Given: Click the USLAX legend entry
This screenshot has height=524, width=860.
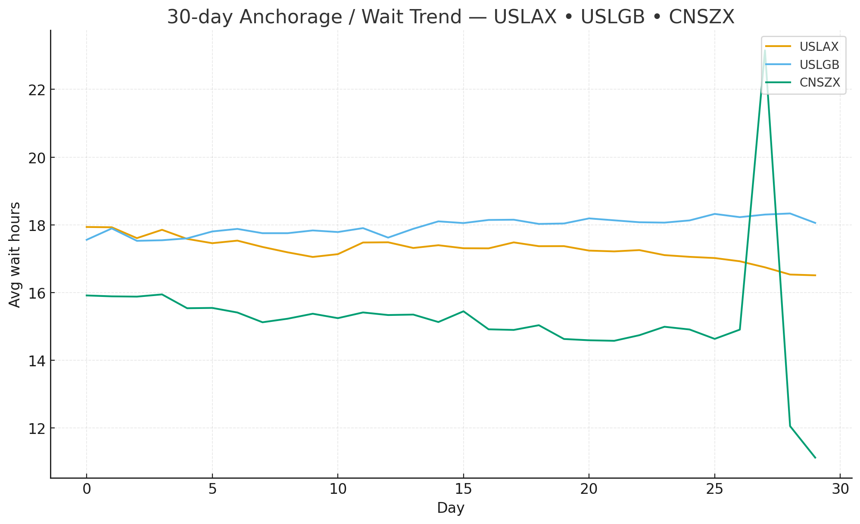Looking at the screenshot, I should pyautogui.click(x=819, y=47).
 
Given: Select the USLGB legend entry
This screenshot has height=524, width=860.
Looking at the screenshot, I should pyautogui.click(x=819, y=65).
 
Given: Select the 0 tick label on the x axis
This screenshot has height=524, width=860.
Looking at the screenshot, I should pyautogui.click(x=87, y=489).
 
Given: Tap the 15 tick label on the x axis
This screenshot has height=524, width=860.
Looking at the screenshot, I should pyautogui.click(x=463, y=489).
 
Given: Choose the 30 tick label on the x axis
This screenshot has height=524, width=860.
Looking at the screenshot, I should pyautogui.click(x=840, y=489).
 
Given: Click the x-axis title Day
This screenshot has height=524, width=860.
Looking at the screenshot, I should pyautogui.click(x=451, y=508).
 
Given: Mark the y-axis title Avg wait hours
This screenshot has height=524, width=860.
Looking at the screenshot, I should pyautogui.click(x=15, y=254).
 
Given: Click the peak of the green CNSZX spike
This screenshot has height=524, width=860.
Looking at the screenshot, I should pyautogui.click(x=765, y=51).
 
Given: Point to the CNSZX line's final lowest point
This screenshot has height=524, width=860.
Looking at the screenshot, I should pyautogui.click(x=815, y=458).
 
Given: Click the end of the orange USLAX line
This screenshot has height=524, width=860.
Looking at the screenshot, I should pyautogui.click(x=815, y=275).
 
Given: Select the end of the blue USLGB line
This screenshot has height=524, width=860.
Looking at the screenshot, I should pyautogui.click(x=815, y=223).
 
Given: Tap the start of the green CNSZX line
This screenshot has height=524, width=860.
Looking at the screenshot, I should pyautogui.click(x=87, y=295).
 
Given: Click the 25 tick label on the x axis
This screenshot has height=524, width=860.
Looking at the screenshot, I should pyautogui.click(x=714, y=489).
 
